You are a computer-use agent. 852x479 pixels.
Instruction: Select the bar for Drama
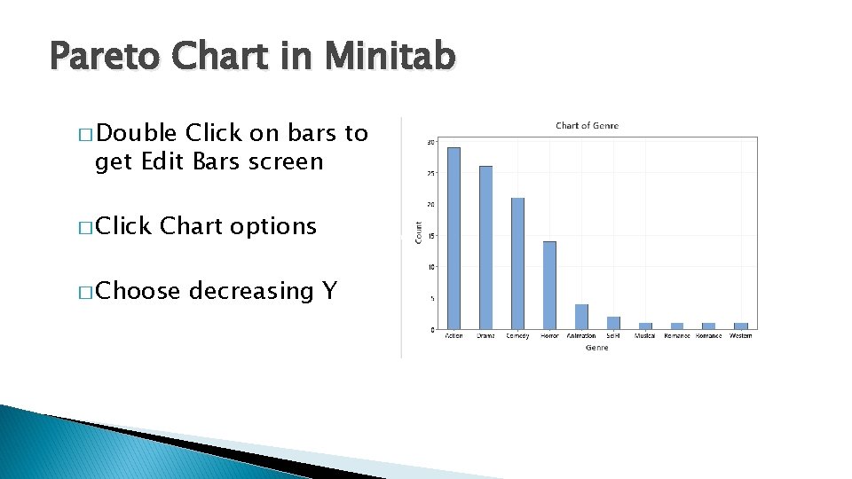click(x=485, y=247)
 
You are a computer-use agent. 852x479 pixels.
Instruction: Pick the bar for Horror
click(x=549, y=285)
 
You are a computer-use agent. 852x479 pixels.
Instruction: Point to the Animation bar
click(x=581, y=317)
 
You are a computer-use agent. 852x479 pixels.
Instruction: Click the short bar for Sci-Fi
click(x=613, y=323)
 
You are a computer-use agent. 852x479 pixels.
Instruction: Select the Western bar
click(x=741, y=326)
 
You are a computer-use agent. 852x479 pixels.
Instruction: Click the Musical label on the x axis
click(x=645, y=336)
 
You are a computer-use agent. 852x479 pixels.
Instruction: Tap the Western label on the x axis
click(x=741, y=336)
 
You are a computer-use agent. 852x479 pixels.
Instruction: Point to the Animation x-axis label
click(x=581, y=336)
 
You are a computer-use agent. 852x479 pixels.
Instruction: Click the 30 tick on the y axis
click(x=430, y=142)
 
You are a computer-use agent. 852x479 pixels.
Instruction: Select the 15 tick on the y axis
click(x=430, y=236)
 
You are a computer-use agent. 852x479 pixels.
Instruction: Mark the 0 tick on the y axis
click(x=432, y=330)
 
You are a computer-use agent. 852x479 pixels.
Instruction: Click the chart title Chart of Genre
click(x=587, y=126)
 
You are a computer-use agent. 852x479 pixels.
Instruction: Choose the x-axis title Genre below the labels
click(x=596, y=348)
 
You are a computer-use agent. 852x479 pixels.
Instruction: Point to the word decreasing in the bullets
click(x=249, y=291)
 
